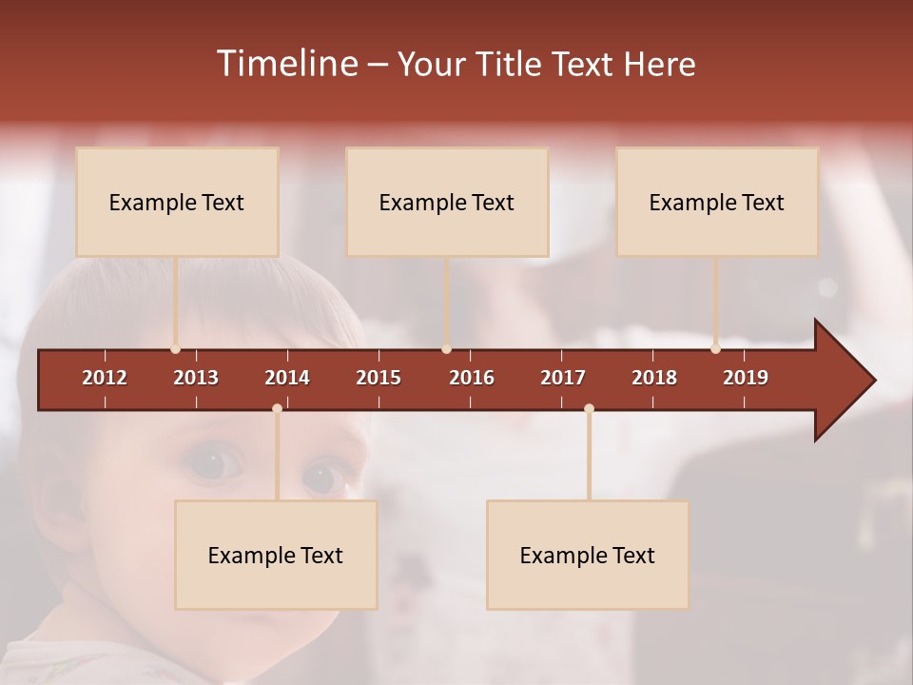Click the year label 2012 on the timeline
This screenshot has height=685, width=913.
click(105, 378)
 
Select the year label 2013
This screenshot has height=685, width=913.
click(196, 378)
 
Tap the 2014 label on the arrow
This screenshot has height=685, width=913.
click(287, 378)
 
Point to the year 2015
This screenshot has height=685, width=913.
click(379, 378)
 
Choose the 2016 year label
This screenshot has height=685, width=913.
click(472, 378)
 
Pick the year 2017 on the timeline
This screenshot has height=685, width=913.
click(563, 378)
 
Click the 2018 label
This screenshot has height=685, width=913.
click(654, 378)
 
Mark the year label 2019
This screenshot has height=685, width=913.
click(746, 378)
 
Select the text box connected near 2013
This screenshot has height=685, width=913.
click(177, 202)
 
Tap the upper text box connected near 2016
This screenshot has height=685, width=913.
click(447, 202)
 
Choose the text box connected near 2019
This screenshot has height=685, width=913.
click(717, 202)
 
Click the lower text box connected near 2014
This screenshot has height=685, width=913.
click(276, 555)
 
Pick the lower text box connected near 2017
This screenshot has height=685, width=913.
click(588, 555)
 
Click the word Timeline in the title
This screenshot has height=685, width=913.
click(286, 64)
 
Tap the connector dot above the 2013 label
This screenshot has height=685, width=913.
click(176, 349)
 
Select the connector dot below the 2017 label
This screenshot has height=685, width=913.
click(589, 409)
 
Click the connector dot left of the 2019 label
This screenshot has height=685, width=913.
click(715, 349)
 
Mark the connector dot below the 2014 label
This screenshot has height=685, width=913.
click(277, 409)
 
